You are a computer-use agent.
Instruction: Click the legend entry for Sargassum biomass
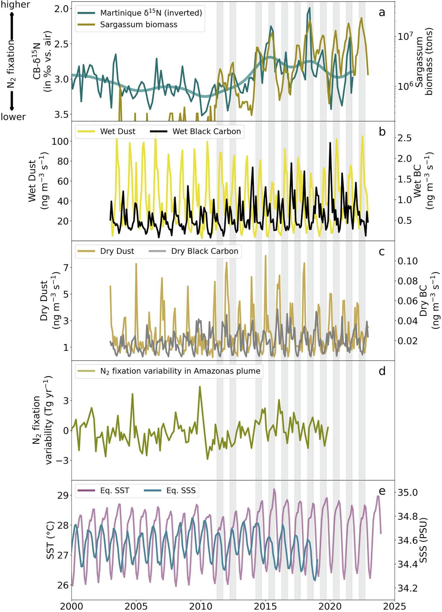click(139, 25)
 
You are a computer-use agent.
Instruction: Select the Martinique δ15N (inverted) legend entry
click(151, 13)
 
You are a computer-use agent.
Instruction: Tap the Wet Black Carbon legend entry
click(206, 131)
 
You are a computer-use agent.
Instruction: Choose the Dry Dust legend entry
click(117, 251)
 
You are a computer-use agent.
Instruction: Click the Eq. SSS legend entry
click(181, 490)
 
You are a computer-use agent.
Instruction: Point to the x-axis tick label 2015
click(265, 606)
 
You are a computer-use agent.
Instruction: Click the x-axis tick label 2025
click(394, 606)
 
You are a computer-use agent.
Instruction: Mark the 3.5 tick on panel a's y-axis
click(62, 114)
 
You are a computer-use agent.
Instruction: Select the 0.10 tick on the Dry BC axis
click(408, 261)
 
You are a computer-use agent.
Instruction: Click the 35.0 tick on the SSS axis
click(408, 492)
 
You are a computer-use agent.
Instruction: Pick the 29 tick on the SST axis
click(63, 495)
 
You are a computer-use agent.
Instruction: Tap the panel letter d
click(382, 371)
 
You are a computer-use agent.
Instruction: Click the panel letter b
click(382, 132)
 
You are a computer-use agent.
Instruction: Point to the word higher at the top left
click(15, 4)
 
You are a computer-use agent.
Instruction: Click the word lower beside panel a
click(13, 117)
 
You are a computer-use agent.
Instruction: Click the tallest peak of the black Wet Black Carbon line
click(330, 143)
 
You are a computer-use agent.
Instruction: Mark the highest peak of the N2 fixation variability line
click(200, 386)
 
